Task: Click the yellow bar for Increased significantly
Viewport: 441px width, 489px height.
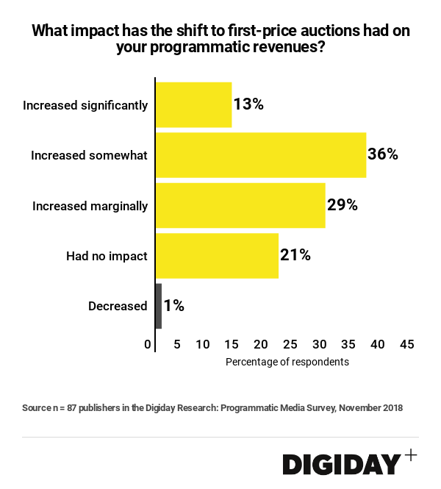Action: pyautogui.click(x=193, y=104)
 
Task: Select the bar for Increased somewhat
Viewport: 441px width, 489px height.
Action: pyautogui.click(x=261, y=155)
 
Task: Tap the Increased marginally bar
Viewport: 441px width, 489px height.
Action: pyautogui.click(x=240, y=205)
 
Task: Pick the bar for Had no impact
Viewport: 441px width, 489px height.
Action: pyautogui.click(x=217, y=256)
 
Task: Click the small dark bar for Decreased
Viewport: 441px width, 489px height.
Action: pyautogui.click(x=159, y=306)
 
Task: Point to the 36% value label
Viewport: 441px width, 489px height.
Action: pyautogui.click(x=383, y=154)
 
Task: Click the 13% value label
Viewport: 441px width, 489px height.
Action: pyautogui.click(x=248, y=104)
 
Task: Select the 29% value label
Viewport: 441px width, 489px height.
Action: pyautogui.click(x=342, y=205)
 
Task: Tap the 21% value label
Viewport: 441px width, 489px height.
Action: pyautogui.click(x=295, y=255)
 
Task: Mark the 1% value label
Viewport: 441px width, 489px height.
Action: pyautogui.click(x=174, y=306)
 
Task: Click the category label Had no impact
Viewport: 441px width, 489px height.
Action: pyautogui.click(x=107, y=256)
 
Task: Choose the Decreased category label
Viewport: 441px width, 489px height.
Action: pyautogui.click(x=118, y=306)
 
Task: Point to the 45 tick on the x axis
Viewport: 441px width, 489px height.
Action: pyautogui.click(x=406, y=344)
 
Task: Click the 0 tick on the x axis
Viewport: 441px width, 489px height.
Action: pyautogui.click(x=148, y=344)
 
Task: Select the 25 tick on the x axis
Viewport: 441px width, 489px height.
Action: pyautogui.click(x=290, y=344)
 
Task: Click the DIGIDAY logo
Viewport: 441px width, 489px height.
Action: pyautogui.click(x=342, y=464)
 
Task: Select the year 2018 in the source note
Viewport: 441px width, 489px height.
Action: pyautogui.click(x=390, y=407)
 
